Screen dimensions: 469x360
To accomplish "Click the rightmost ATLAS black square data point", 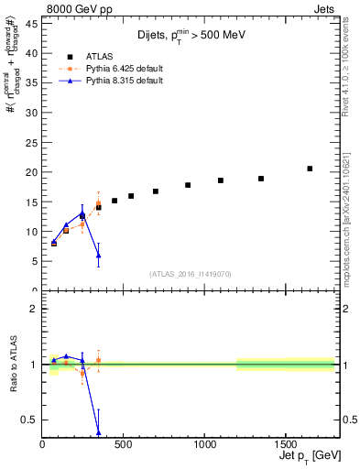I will coord(310,169).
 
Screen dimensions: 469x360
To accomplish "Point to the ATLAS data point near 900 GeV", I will coord(188,185).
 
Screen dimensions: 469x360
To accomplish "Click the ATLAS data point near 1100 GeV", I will coord(221,180).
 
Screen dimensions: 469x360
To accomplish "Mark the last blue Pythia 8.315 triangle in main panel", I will coord(98,255).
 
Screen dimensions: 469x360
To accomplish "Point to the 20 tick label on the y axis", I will coord(32,172).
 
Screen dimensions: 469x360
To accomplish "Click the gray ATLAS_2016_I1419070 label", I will coord(189,273).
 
